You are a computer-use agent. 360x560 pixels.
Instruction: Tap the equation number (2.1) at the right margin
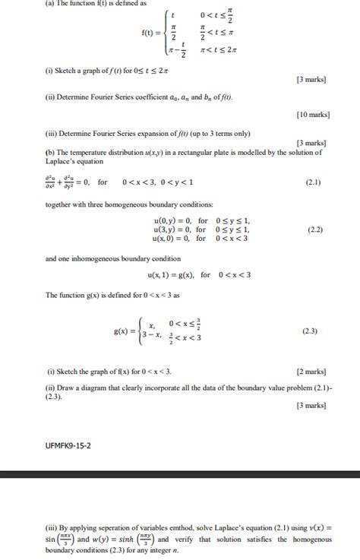pyautogui.click(x=312, y=182)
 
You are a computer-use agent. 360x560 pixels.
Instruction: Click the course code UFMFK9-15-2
pyautogui.click(x=68, y=446)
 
